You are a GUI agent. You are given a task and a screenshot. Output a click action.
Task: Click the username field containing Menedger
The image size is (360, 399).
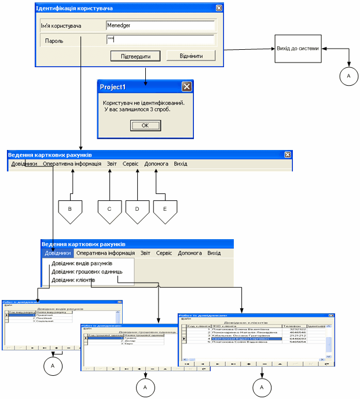[160, 25]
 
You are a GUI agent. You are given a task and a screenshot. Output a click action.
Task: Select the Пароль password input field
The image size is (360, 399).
[160, 40]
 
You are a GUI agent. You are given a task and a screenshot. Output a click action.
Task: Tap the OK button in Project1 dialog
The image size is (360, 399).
[145, 125]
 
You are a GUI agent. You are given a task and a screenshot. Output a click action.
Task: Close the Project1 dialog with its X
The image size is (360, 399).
[186, 87]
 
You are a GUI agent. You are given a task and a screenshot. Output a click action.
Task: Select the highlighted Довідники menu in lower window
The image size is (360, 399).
[58, 253]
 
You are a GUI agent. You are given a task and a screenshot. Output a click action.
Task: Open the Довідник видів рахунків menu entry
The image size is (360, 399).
[81, 263]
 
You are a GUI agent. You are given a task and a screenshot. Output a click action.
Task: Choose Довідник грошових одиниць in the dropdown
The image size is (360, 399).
[85, 272]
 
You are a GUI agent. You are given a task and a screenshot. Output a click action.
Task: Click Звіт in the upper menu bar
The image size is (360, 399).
[112, 164]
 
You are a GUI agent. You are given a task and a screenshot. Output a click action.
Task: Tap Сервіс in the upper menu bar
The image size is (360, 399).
[130, 164]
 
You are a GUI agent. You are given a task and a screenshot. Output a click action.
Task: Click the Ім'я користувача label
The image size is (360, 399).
[61, 26]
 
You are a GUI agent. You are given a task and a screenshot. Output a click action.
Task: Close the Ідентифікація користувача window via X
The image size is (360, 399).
[219, 8]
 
